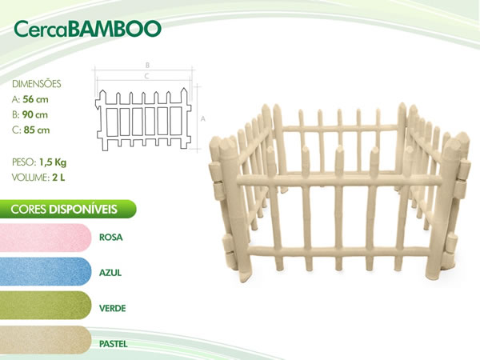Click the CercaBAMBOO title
[x=87, y=29]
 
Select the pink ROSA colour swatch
[x=46, y=238]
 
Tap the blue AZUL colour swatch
[x=46, y=271]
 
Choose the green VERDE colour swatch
[x=46, y=306]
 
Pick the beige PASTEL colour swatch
[x=46, y=340]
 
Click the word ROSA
[x=111, y=238]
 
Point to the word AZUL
[x=110, y=273]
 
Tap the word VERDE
[x=112, y=308]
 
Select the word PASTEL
[x=114, y=344]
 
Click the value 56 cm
[x=35, y=99]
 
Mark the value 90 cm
[x=35, y=114]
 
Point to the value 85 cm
[x=37, y=130]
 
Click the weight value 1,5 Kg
[x=53, y=162]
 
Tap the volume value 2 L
[x=58, y=178]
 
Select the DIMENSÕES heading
[x=37, y=83]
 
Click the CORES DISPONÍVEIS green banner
[x=68, y=209]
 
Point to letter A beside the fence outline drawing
[x=202, y=118]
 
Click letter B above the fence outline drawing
[x=147, y=66]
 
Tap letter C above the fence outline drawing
[x=146, y=76]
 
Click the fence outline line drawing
[x=143, y=119]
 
